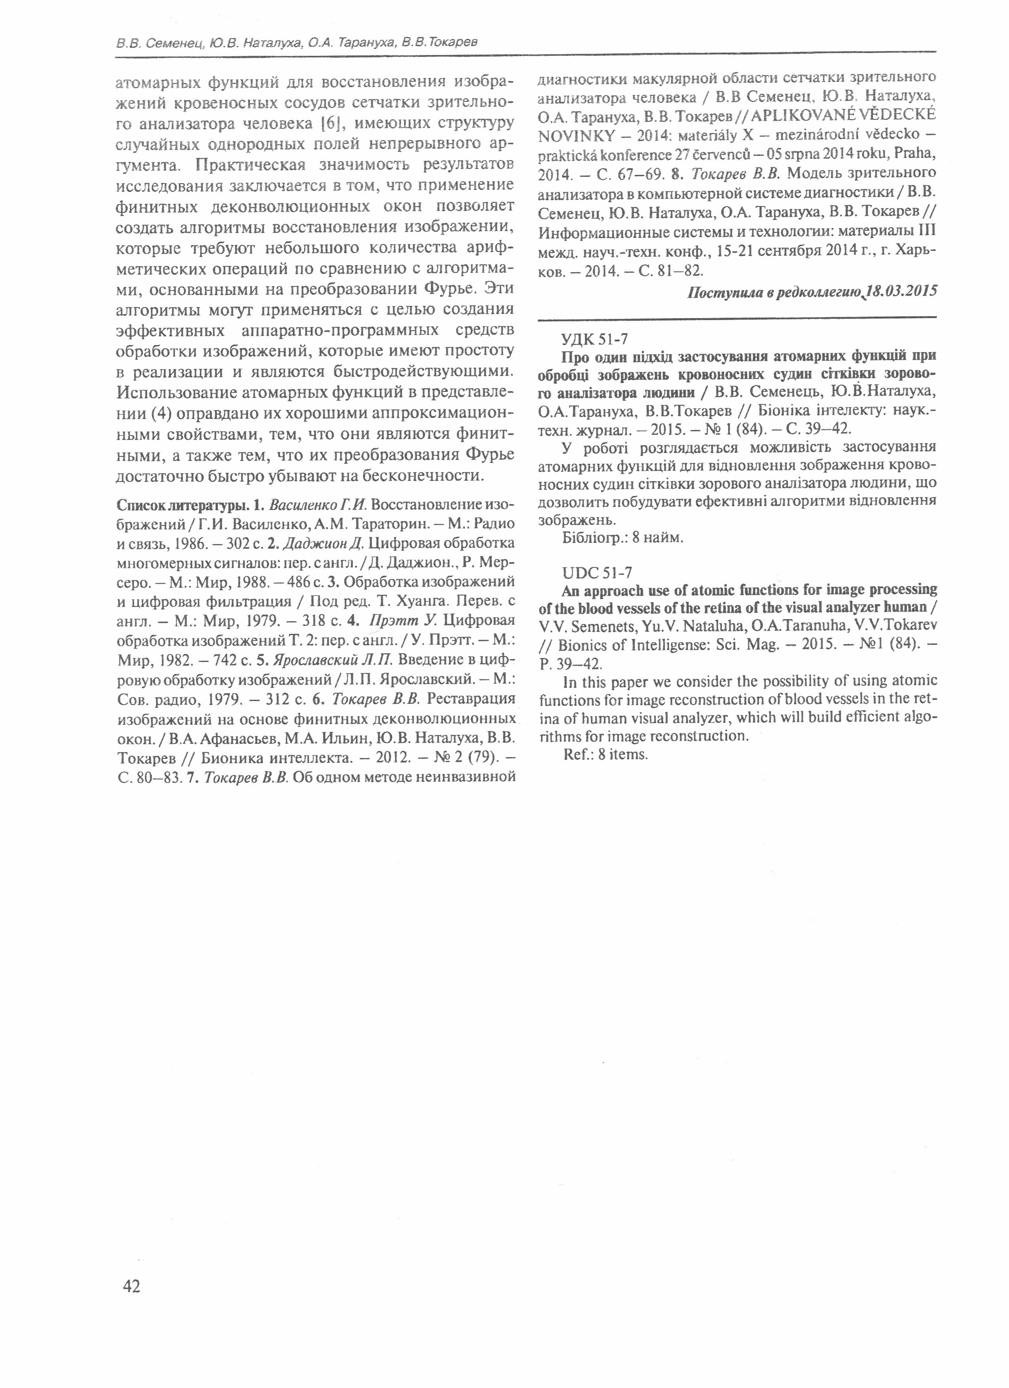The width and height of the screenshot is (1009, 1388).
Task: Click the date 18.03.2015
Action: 902,292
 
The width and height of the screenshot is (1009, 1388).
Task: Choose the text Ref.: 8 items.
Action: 605,755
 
